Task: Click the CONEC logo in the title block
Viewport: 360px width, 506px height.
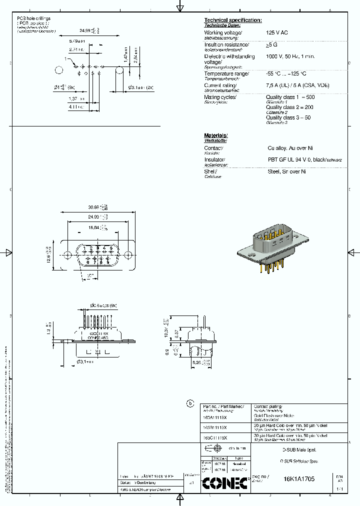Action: pyautogui.click(x=225, y=482)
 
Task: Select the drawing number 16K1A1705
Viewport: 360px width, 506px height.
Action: pyautogui.click(x=299, y=478)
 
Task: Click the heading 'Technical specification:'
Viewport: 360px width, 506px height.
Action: pyautogui.click(x=232, y=20)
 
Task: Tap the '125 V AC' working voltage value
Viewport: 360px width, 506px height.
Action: pyautogui.click(x=277, y=32)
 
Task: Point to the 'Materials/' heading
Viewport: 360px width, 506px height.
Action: pyautogui.click(x=215, y=135)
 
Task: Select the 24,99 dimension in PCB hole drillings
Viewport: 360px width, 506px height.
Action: pyautogui.click(x=87, y=31)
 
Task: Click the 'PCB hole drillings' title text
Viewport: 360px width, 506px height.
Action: pyautogui.click(x=34, y=18)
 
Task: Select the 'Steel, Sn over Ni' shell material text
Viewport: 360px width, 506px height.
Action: pyautogui.click(x=286, y=171)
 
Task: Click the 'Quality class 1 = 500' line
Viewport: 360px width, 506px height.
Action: pyautogui.click(x=290, y=97)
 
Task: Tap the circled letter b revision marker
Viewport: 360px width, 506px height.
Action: pyautogui.click(x=189, y=403)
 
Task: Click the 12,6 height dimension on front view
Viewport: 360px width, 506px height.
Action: pyautogui.click(x=48, y=254)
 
